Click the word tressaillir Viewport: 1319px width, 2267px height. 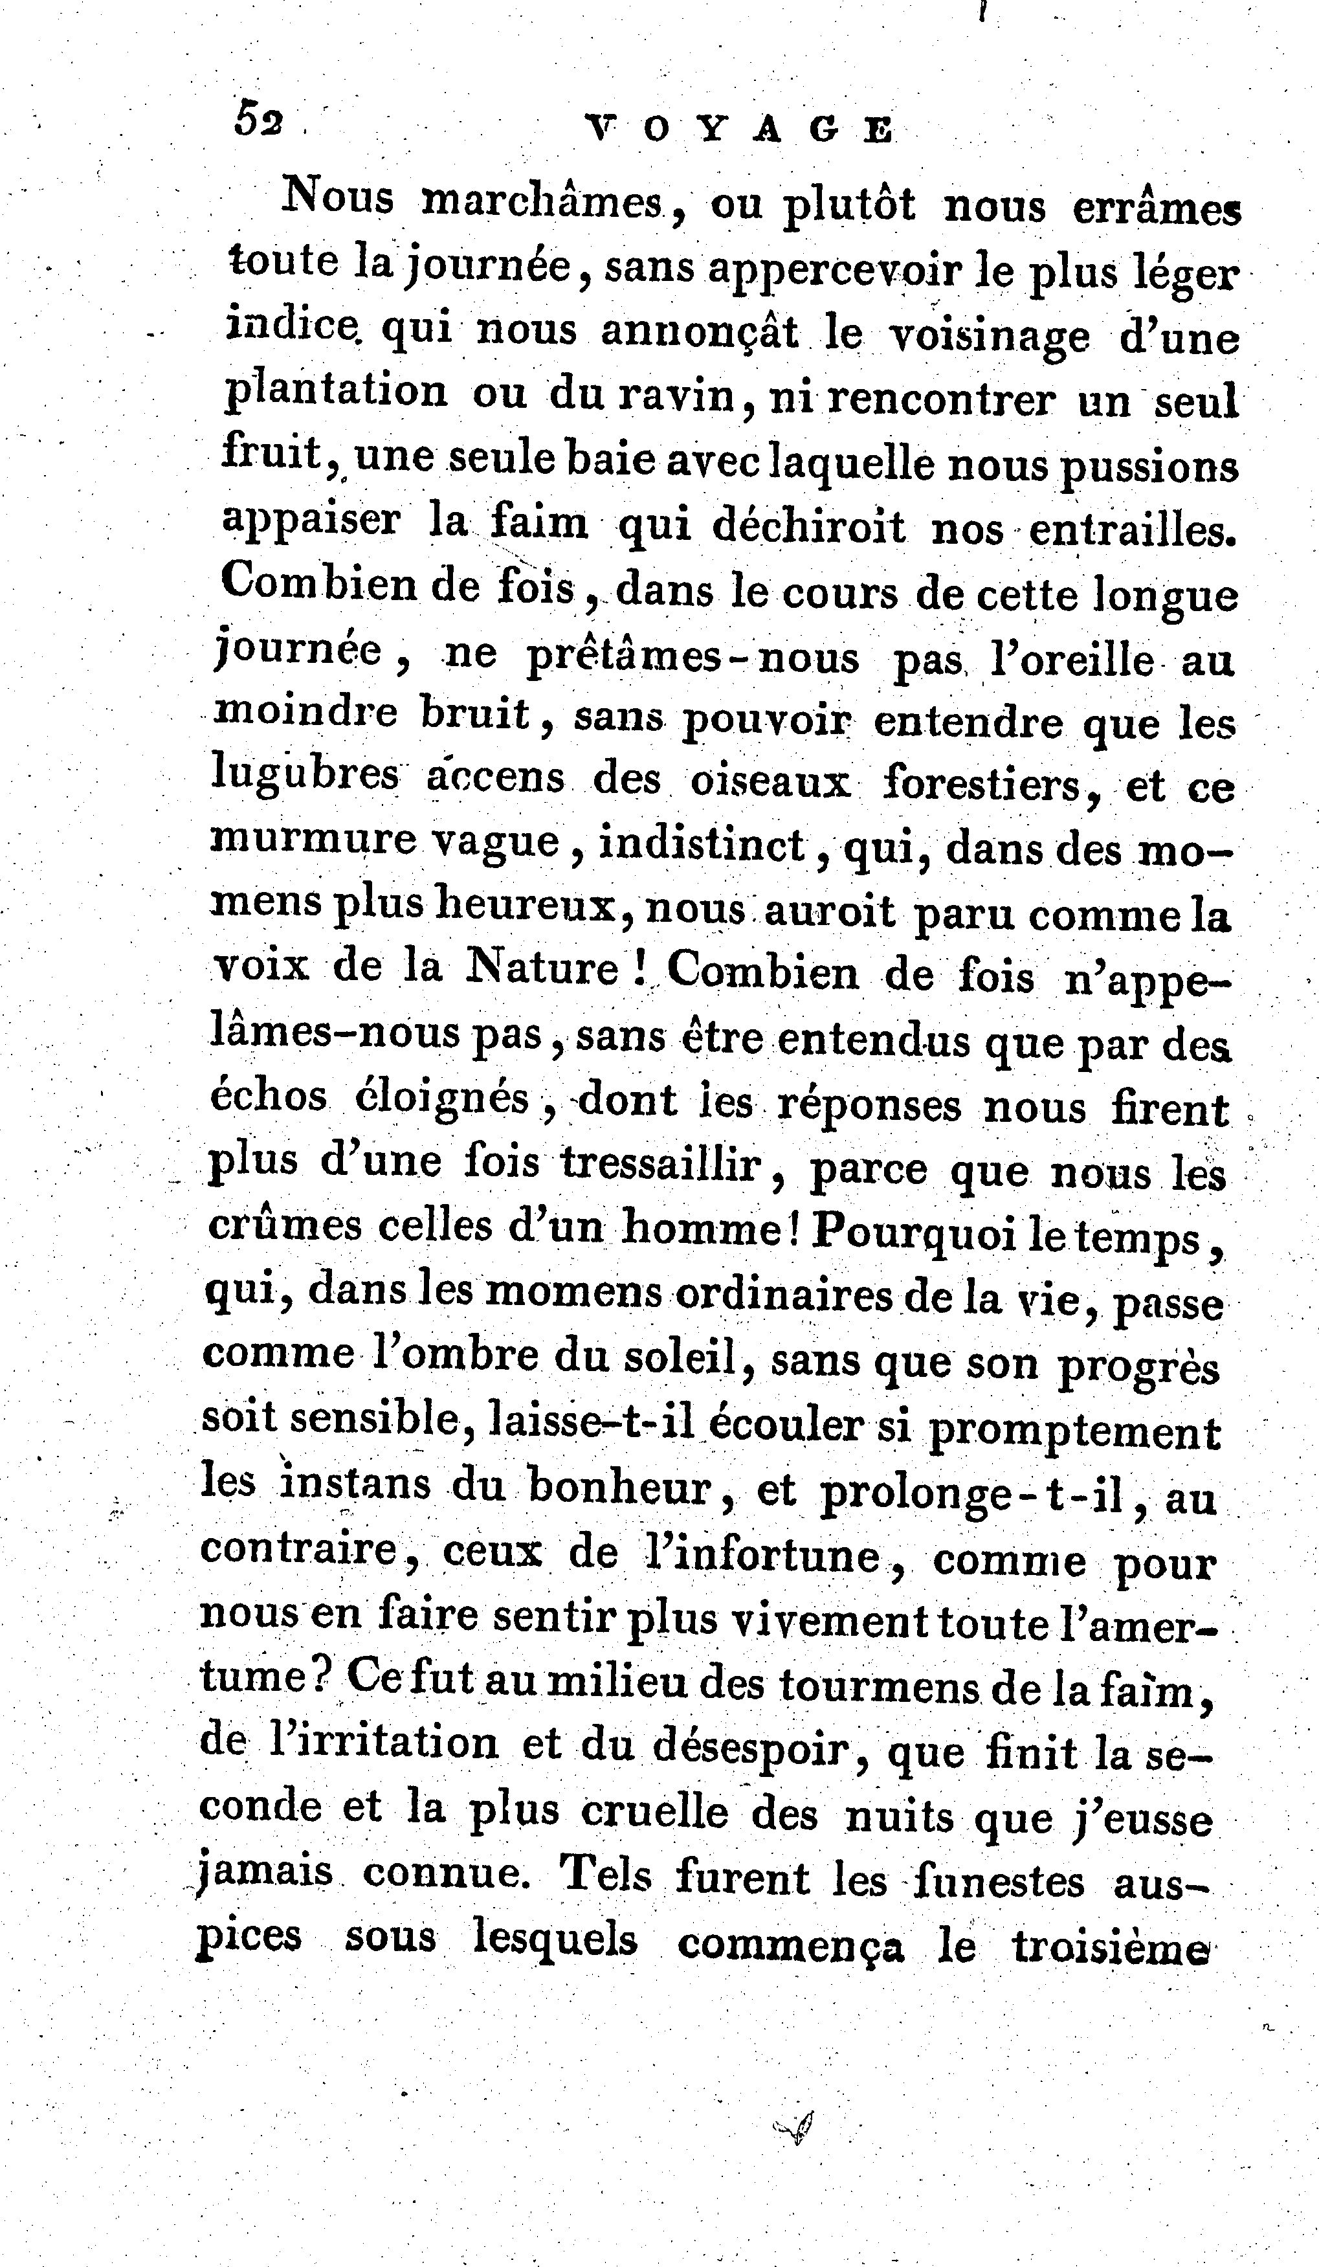[x=663, y=1165]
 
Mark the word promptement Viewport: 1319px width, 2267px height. [x=1074, y=1431]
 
